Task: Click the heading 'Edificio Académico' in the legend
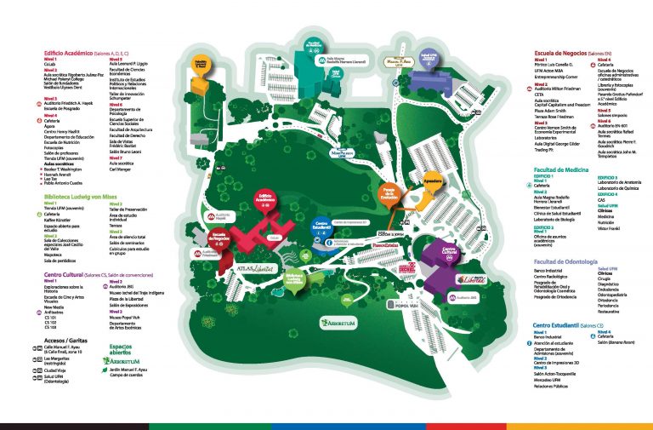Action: [x=71, y=51]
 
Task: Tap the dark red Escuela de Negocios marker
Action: [x=221, y=242]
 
